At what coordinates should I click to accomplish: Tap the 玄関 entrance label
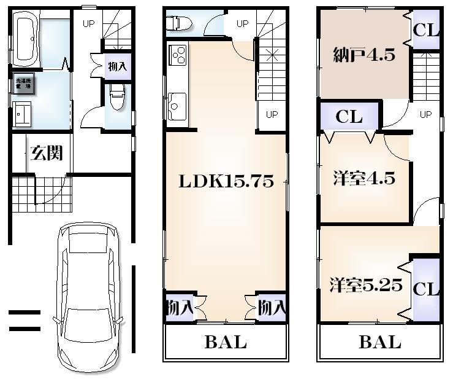(47, 153)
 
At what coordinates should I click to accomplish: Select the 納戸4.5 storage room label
(364, 55)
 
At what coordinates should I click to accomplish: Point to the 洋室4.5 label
(364, 179)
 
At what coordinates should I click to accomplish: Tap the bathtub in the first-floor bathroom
(25, 41)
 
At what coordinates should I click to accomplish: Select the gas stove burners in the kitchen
(178, 56)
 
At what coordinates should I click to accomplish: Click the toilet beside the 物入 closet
(117, 98)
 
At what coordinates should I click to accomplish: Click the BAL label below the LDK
(225, 342)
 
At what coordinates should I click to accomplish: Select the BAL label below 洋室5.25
(379, 342)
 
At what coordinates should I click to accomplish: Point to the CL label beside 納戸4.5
(425, 30)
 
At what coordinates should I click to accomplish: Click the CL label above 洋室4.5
(349, 117)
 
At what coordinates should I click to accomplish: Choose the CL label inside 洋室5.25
(426, 289)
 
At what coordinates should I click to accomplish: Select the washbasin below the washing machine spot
(23, 114)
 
